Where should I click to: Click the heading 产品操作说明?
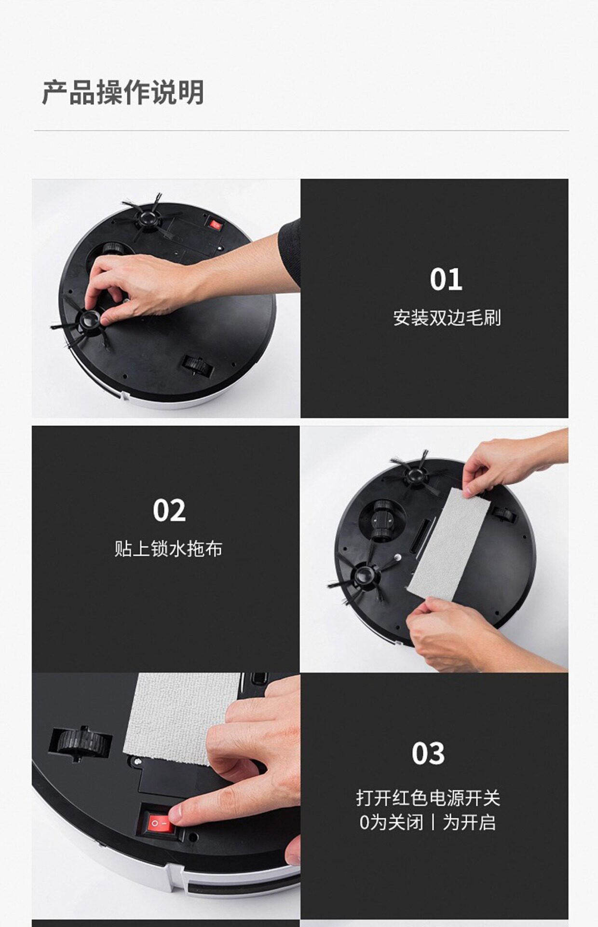tap(123, 93)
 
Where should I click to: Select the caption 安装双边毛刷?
tap(447, 318)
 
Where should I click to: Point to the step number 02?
tap(169, 510)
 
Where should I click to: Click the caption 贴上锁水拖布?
tap(168, 549)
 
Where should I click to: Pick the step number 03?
tap(428, 753)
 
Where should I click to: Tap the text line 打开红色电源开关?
tap(428, 798)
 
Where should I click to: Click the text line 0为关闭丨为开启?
tap(428, 822)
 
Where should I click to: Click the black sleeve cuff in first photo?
tap(289, 251)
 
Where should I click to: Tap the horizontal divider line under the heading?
tap(301, 130)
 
